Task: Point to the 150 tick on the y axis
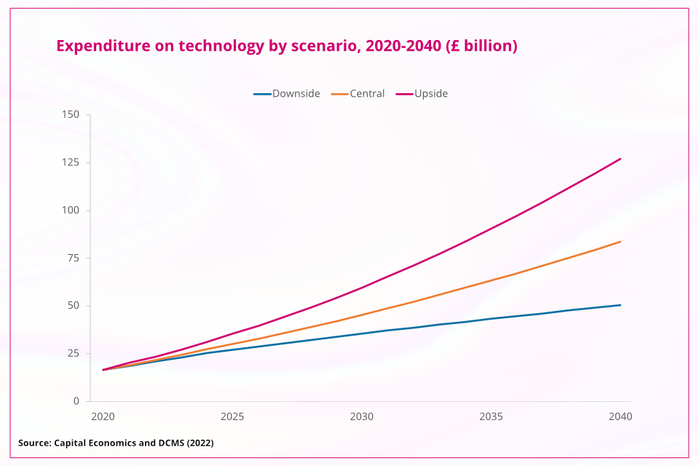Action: (x=71, y=114)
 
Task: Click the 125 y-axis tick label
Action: (x=71, y=162)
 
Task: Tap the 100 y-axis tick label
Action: (x=71, y=210)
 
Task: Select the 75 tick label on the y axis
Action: (x=74, y=258)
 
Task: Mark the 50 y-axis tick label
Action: (x=74, y=306)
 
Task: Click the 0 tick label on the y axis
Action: (x=76, y=401)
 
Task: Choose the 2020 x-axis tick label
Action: (x=103, y=417)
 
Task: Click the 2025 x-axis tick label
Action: (x=232, y=417)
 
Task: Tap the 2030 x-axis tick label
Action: (x=362, y=417)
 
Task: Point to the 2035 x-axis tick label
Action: (x=491, y=417)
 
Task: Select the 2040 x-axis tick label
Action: (x=620, y=417)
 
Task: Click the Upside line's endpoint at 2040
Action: (x=620, y=159)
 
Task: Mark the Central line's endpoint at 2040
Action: (x=620, y=241)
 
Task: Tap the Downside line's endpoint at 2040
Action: (x=620, y=305)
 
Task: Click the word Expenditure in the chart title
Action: (x=103, y=46)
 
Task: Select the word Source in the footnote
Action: (x=34, y=443)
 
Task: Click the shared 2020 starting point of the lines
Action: (x=103, y=370)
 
